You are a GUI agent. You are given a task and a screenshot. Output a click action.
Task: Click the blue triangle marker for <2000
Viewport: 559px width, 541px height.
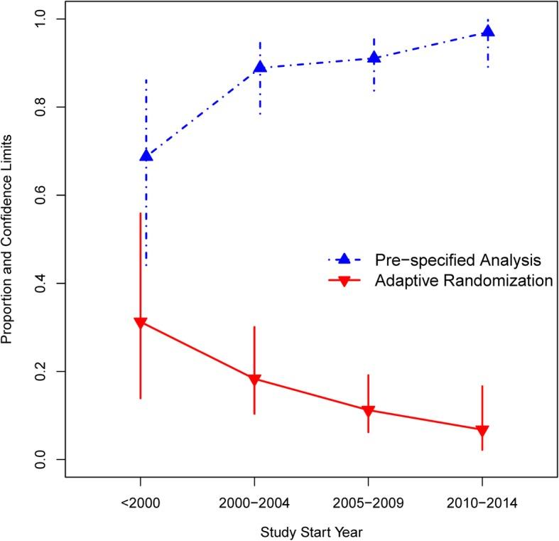pos(146,156)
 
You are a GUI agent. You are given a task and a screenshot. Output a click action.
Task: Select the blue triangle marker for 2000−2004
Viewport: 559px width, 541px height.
pos(260,68)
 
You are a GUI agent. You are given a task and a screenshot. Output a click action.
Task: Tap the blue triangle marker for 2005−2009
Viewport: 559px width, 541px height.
pos(374,58)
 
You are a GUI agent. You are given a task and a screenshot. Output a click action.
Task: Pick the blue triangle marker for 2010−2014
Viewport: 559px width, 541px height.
pos(488,32)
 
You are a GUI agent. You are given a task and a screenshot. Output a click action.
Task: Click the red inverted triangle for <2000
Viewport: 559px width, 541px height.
pos(140,323)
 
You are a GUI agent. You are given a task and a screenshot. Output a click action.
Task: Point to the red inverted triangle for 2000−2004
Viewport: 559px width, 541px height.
pos(254,380)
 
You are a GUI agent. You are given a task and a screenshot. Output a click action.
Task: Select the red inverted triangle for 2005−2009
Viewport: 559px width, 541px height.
pos(368,411)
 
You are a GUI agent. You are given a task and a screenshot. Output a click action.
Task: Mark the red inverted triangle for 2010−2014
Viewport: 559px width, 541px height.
pos(482,431)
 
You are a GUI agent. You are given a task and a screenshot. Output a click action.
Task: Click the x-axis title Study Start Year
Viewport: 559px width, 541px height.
pos(310,530)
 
